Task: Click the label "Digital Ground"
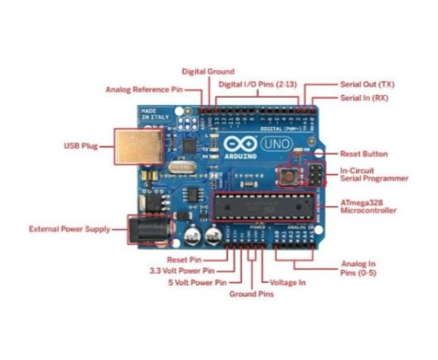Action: pyautogui.click(x=207, y=71)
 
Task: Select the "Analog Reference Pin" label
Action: pyautogui.click(x=144, y=89)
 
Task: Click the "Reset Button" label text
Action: pyautogui.click(x=363, y=154)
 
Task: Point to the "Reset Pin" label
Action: pyautogui.click(x=190, y=260)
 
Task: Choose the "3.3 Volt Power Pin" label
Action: pyautogui.click(x=181, y=272)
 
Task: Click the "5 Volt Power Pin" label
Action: pyautogui.click(x=188, y=284)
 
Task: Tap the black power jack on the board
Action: pyautogui.click(x=147, y=227)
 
